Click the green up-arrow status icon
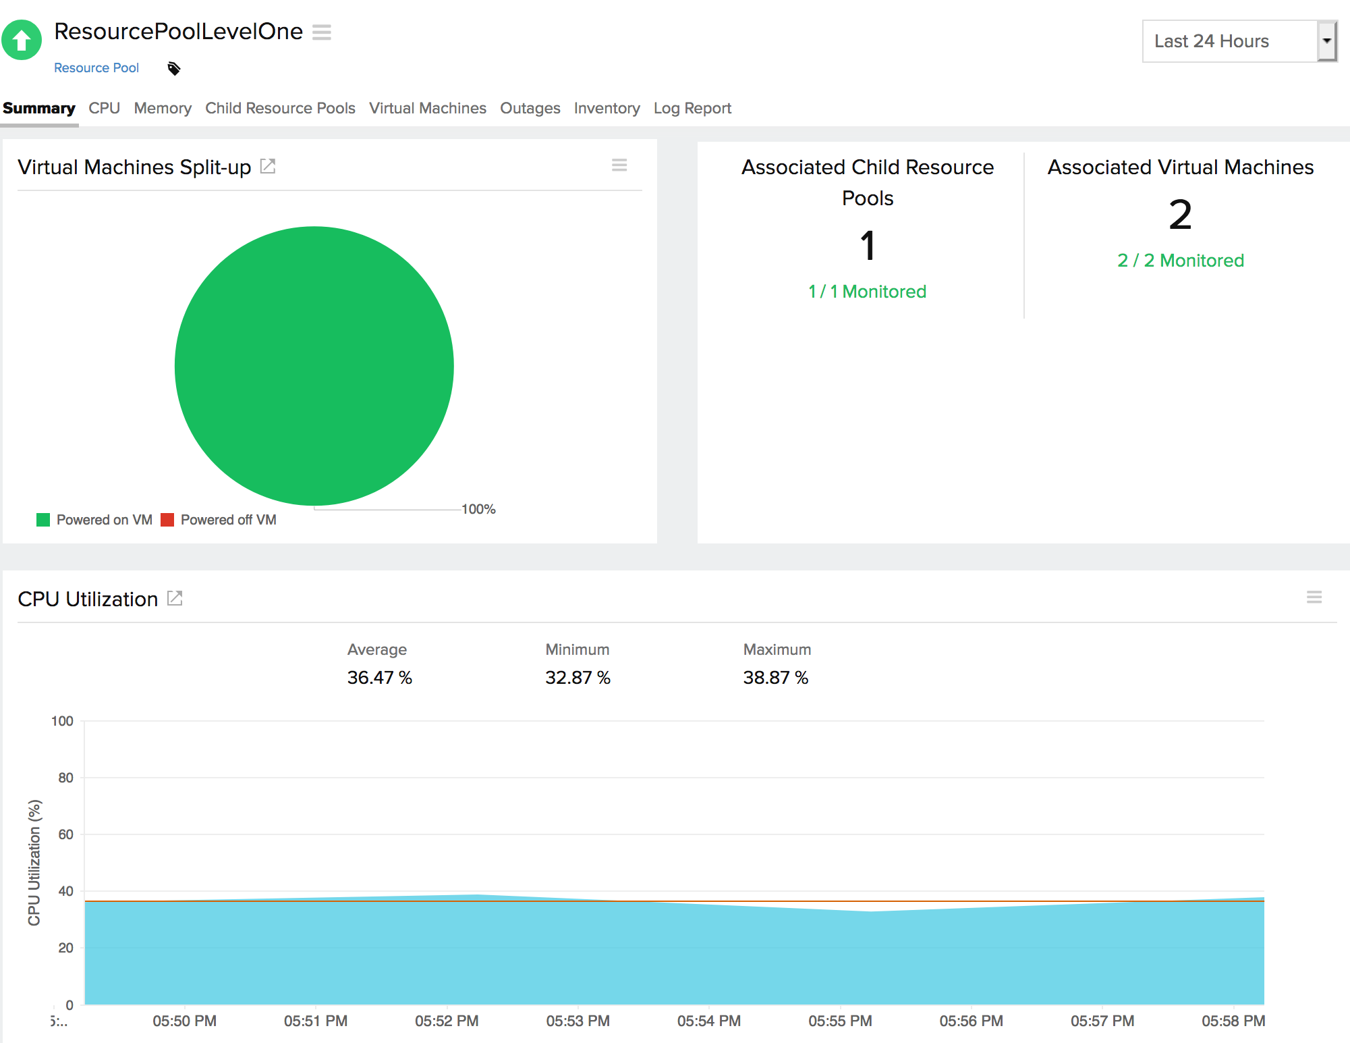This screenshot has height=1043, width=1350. [x=22, y=41]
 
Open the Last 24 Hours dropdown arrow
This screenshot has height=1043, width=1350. [x=1326, y=41]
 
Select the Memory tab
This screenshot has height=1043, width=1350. [x=163, y=108]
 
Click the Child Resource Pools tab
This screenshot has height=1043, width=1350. [x=280, y=108]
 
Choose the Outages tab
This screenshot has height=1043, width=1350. [x=530, y=108]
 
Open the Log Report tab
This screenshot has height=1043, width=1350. [x=692, y=108]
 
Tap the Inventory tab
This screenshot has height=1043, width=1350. [x=607, y=108]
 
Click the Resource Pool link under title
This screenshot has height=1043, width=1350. [x=96, y=68]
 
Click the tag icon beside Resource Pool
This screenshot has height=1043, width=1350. [x=174, y=68]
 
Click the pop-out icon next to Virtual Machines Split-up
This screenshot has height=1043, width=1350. [x=268, y=166]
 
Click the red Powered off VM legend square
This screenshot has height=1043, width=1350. [x=167, y=520]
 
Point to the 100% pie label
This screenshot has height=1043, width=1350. [x=478, y=509]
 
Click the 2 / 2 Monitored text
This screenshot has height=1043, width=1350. [x=1180, y=261]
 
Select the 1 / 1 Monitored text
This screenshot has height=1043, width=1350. [x=867, y=292]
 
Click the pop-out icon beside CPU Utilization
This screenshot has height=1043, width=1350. [x=175, y=598]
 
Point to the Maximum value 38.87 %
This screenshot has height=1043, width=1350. [x=775, y=677]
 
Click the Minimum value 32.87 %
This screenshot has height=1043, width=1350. [x=578, y=677]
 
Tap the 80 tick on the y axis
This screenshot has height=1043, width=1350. [x=65, y=778]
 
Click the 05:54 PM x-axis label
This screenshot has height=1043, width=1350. [x=708, y=1021]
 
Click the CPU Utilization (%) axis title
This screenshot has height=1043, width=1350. [x=34, y=863]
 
